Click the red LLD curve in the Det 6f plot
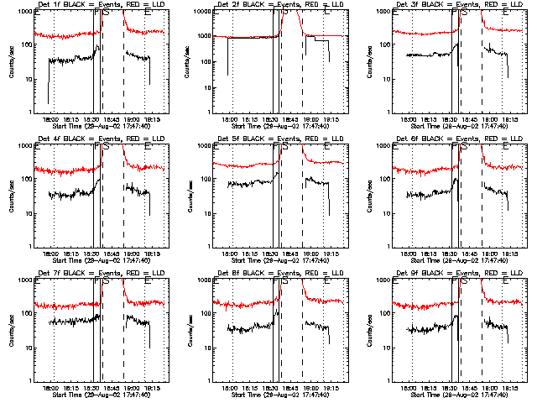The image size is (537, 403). (x=420, y=170)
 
